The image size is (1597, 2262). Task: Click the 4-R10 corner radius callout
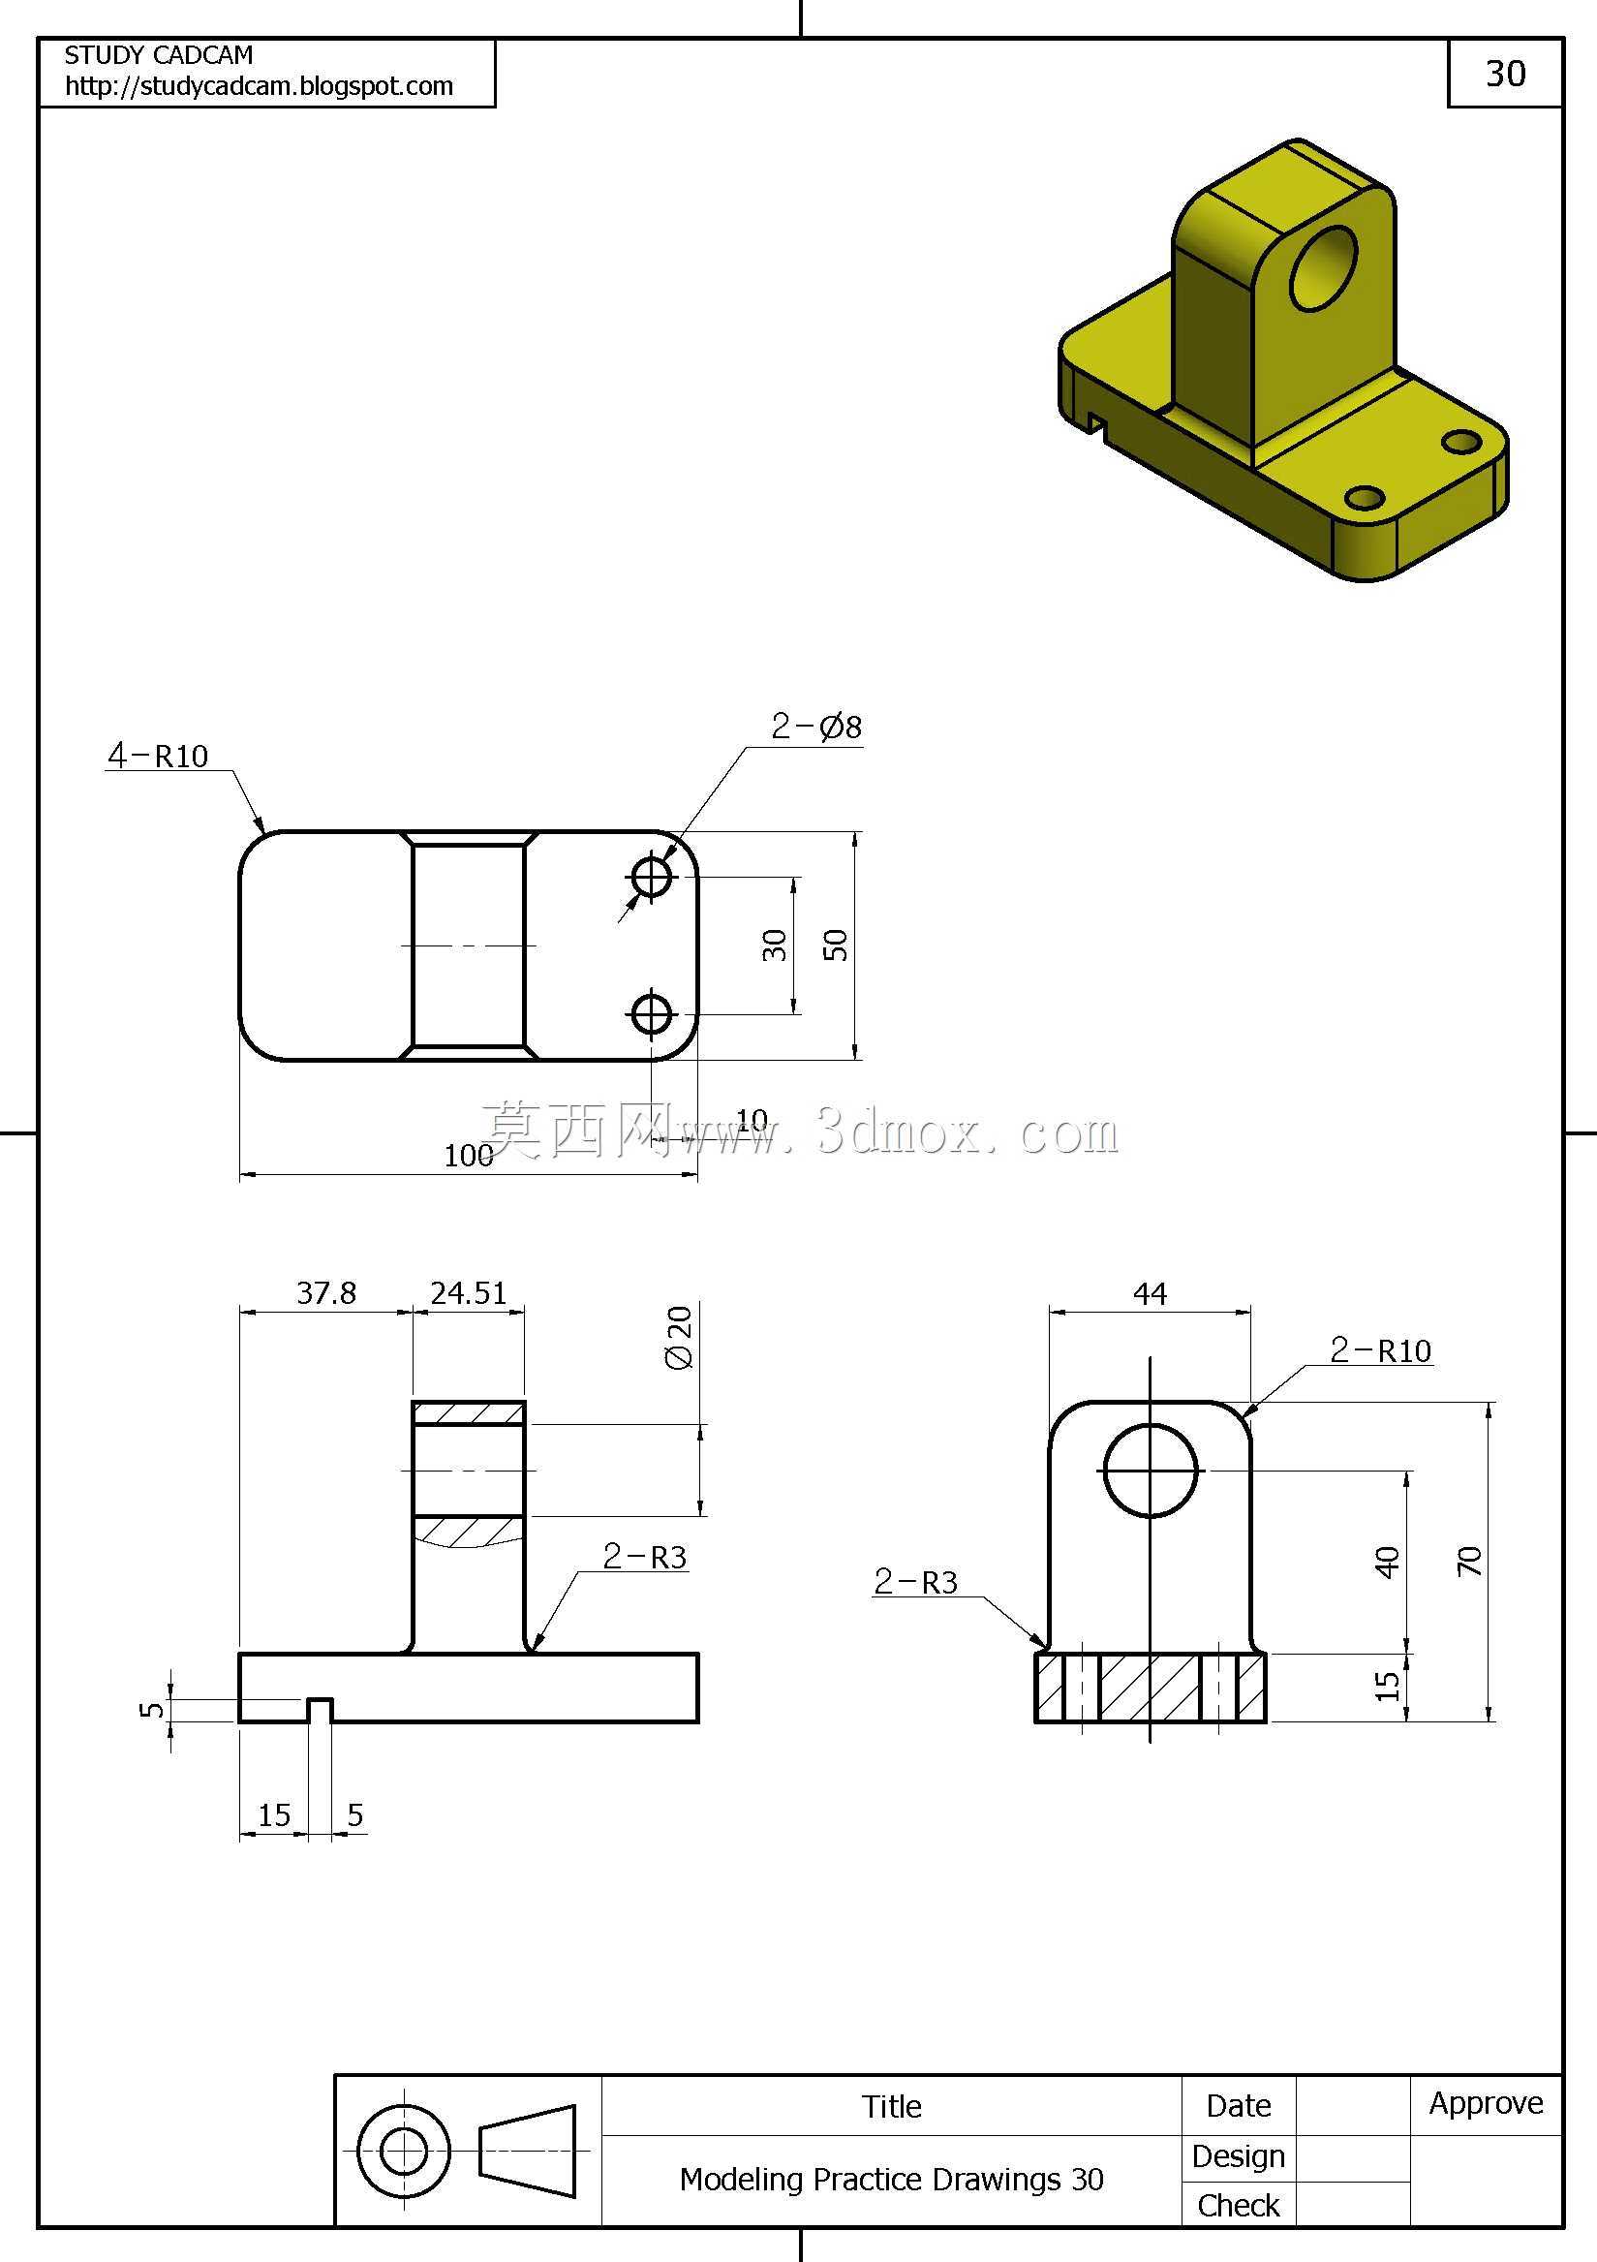click(x=158, y=756)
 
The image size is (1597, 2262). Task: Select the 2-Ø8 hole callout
click(x=815, y=728)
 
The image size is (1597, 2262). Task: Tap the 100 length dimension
click(x=468, y=1155)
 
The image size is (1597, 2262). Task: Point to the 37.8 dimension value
click(x=326, y=1292)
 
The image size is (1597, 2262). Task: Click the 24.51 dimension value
click(x=468, y=1292)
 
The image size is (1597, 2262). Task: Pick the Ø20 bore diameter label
click(x=680, y=1337)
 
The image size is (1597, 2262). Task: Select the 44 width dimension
click(x=1150, y=1293)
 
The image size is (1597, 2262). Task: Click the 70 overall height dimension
click(x=1469, y=1562)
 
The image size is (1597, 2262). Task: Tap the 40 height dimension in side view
click(x=1387, y=1563)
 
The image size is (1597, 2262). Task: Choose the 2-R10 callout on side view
click(x=1380, y=1350)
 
